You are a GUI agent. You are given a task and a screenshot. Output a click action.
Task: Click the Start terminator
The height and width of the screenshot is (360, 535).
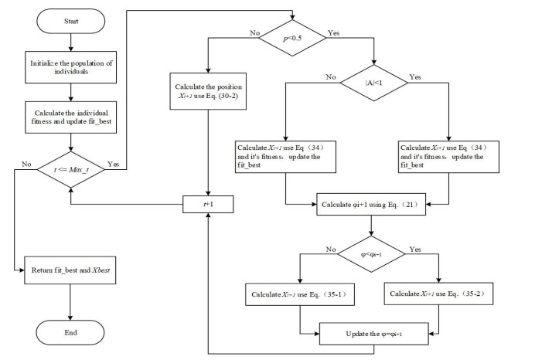pyautogui.click(x=70, y=22)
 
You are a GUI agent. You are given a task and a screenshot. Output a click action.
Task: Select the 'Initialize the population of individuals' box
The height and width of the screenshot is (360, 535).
pyautogui.click(x=70, y=68)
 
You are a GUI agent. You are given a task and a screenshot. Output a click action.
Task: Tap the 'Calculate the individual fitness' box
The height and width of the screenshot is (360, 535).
pyautogui.click(x=70, y=114)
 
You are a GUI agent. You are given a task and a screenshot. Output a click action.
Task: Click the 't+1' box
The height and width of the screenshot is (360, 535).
pyautogui.click(x=206, y=205)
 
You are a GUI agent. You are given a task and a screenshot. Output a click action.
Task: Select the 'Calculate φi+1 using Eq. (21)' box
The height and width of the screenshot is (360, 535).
pyautogui.click(x=373, y=205)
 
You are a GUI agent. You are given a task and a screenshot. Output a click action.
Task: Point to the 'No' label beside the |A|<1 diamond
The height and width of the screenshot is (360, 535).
pyautogui.click(x=330, y=77)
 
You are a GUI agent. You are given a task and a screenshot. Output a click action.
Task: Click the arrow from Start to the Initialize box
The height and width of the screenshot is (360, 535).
pyautogui.click(x=70, y=44)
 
